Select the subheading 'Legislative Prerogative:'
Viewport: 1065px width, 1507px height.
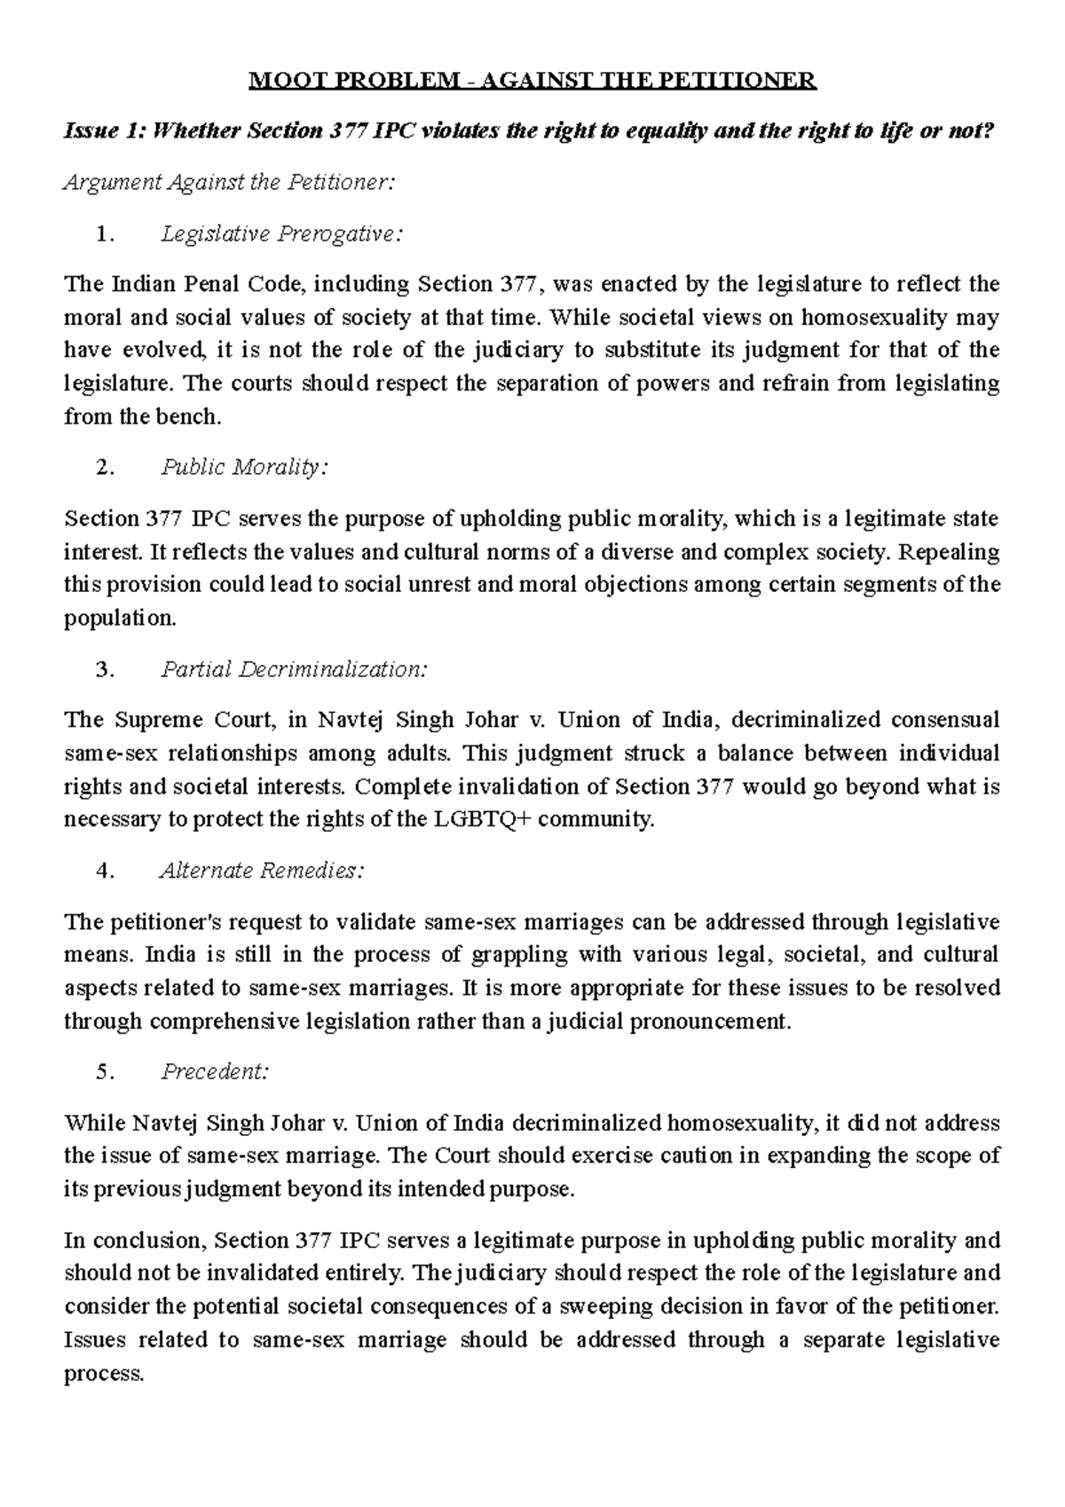(x=280, y=234)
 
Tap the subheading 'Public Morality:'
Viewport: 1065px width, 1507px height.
(x=243, y=468)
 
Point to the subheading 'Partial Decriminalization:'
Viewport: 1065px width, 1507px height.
(x=293, y=669)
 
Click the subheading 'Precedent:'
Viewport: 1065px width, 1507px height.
(x=214, y=1072)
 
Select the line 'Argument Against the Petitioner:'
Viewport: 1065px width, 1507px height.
(x=227, y=183)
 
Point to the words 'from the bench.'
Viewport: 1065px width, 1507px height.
(x=141, y=417)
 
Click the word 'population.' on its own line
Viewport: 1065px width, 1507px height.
(x=120, y=619)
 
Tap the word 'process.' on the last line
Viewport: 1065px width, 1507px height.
(x=104, y=1374)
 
